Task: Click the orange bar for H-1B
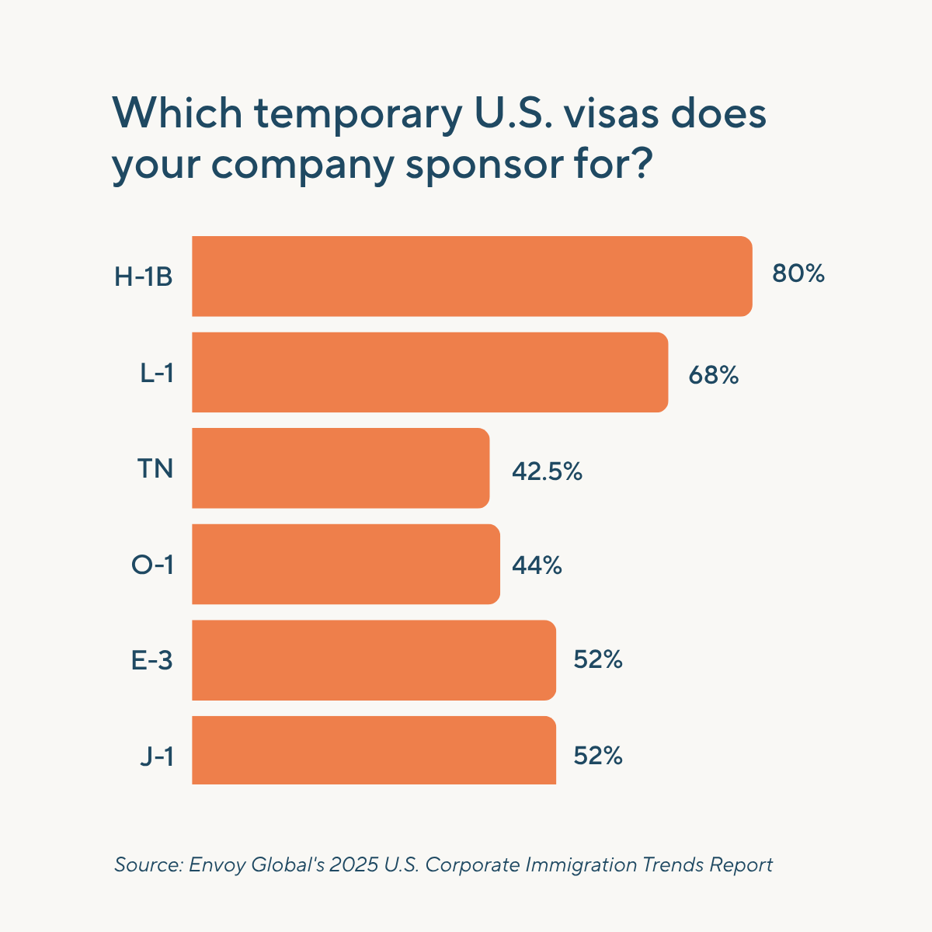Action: tap(472, 276)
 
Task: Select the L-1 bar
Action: tap(429, 372)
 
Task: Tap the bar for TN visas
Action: tap(340, 468)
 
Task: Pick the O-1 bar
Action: tap(346, 564)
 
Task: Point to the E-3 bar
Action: tap(374, 660)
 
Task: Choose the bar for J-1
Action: tap(374, 750)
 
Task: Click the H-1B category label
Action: tap(144, 276)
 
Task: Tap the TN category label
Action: tap(155, 468)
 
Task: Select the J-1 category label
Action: tap(156, 756)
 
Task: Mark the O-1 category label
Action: tap(152, 565)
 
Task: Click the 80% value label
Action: tap(798, 274)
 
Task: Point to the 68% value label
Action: tap(713, 375)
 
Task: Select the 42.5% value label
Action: tap(547, 471)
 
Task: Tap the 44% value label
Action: tap(537, 565)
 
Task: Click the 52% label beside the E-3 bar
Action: tap(598, 660)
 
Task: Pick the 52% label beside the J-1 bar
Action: tap(598, 756)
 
